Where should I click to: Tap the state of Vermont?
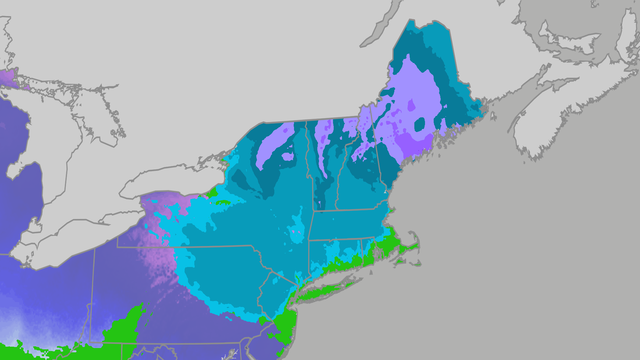(x=325, y=167)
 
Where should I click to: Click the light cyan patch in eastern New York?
(x=297, y=230)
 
